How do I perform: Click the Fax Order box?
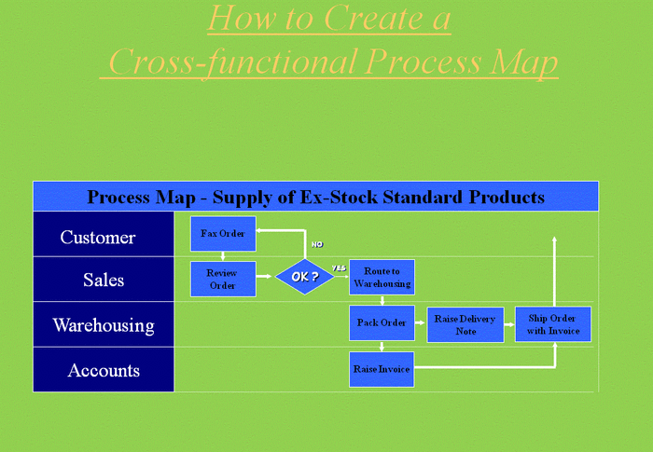(x=223, y=234)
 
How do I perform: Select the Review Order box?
(x=223, y=279)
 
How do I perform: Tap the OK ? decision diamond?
(x=305, y=277)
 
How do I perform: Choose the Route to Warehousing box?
(x=382, y=277)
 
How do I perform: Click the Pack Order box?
(x=382, y=323)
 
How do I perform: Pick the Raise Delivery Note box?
(x=465, y=324)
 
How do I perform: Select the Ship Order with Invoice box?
(x=553, y=324)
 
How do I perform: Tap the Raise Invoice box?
(x=382, y=369)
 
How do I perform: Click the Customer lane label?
(x=98, y=238)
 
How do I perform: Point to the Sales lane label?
(x=104, y=280)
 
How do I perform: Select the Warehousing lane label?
(x=104, y=325)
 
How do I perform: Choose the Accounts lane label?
(x=104, y=370)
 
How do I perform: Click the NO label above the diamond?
(x=317, y=244)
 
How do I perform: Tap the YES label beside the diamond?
(x=340, y=268)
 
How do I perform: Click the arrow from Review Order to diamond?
(x=264, y=277)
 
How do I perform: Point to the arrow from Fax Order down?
(x=223, y=256)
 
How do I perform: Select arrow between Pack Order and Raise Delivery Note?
(x=420, y=322)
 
